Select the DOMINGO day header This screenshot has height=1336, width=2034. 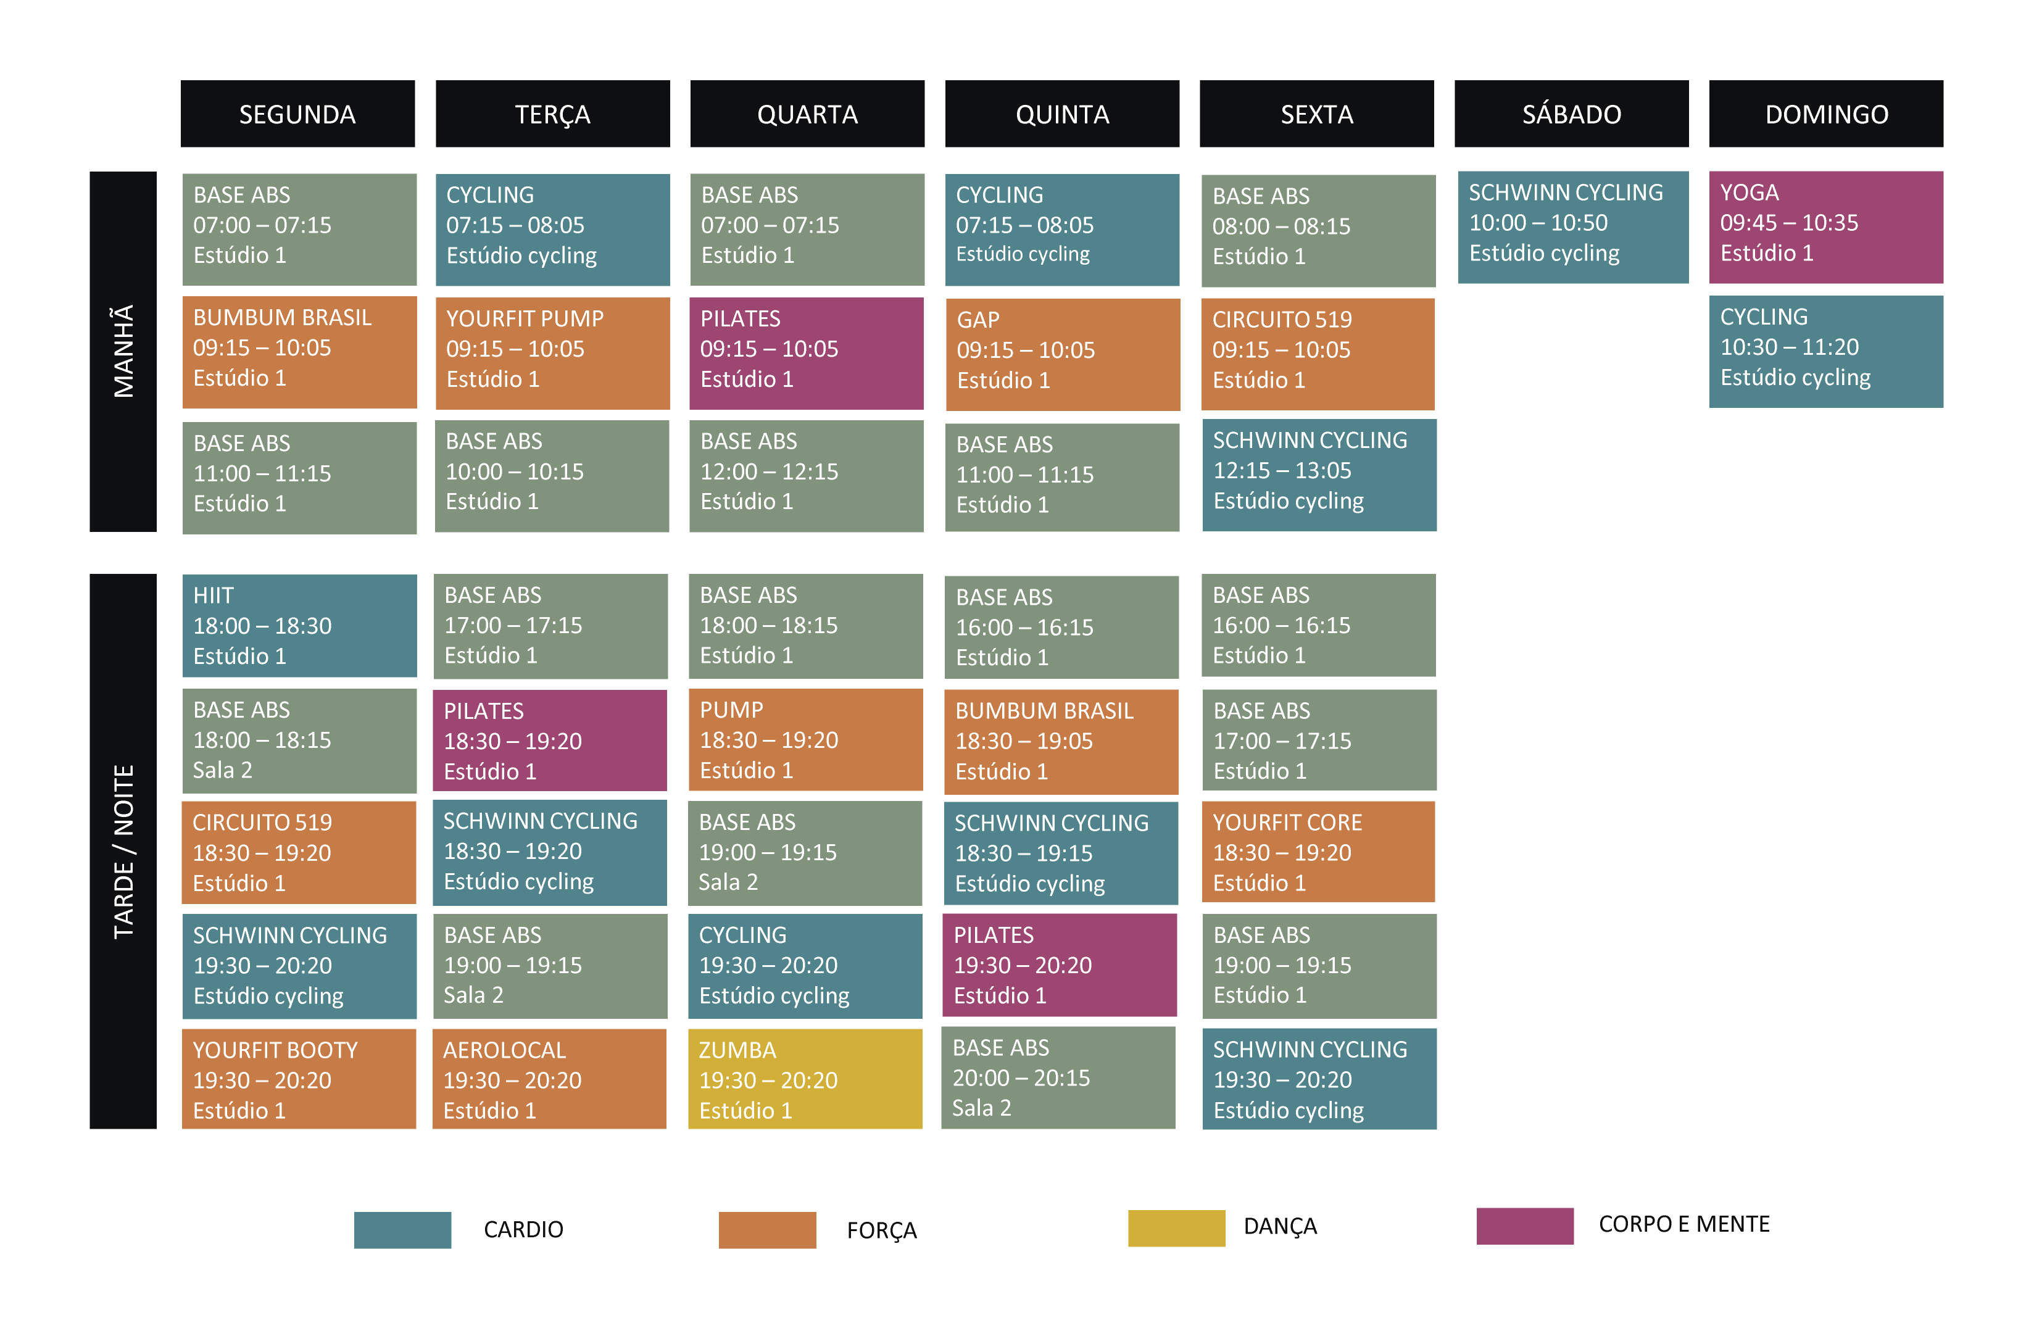click(x=1825, y=114)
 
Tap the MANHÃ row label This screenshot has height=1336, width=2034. click(x=123, y=351)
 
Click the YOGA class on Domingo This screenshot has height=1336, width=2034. click(x=1825, y=226)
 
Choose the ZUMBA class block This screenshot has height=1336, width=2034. click(x=805, y=1079)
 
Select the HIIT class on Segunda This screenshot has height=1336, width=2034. click(x=299, y=625)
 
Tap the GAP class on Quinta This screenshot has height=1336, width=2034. click(x=1062, y=354)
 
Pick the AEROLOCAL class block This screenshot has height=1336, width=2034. click(x=549, y=1079)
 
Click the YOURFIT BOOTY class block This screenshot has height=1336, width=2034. click(x=299, y=1079)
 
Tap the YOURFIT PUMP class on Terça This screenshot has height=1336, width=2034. click(x=552, y=352)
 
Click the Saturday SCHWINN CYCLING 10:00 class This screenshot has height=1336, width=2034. click(x=1572, y=226)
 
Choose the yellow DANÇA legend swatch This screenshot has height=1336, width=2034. click(x=1176, y=1227)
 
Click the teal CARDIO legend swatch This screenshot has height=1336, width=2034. click(x=402, y=1229)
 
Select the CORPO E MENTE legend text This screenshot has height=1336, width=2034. click(x=1683, y=1224)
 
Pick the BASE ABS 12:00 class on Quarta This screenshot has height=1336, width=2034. click(x=806, y=475)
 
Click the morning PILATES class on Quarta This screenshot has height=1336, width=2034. click(x=806, y=352)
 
